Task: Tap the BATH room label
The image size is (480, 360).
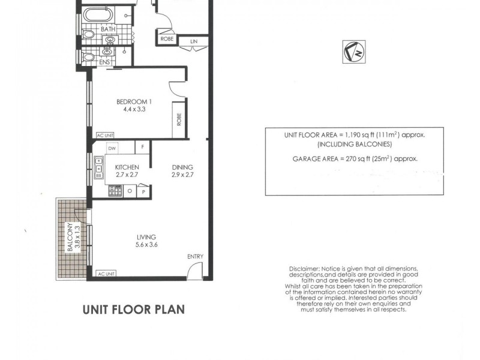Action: click(x=108, y=29)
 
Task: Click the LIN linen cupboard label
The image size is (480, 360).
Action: click(x=194, y=41)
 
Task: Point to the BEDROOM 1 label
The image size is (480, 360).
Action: click(x=134, y=101)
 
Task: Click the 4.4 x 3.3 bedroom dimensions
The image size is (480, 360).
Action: click(x=134, y=110)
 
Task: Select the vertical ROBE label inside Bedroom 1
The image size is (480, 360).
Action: click(x=179, y=119)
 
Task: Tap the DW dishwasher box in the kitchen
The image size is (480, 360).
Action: click(x=112, y=148)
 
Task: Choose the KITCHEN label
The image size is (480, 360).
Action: click(x=127, y=167)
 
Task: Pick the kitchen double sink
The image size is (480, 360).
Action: click(x=98, y=168)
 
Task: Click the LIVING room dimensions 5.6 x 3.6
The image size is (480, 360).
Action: click(x=146, y=245)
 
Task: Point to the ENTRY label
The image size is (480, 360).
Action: click(x=195, y=256)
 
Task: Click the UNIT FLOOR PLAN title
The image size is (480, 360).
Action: click(x=133, y=310)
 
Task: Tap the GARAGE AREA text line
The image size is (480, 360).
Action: click(x=354, y=159)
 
